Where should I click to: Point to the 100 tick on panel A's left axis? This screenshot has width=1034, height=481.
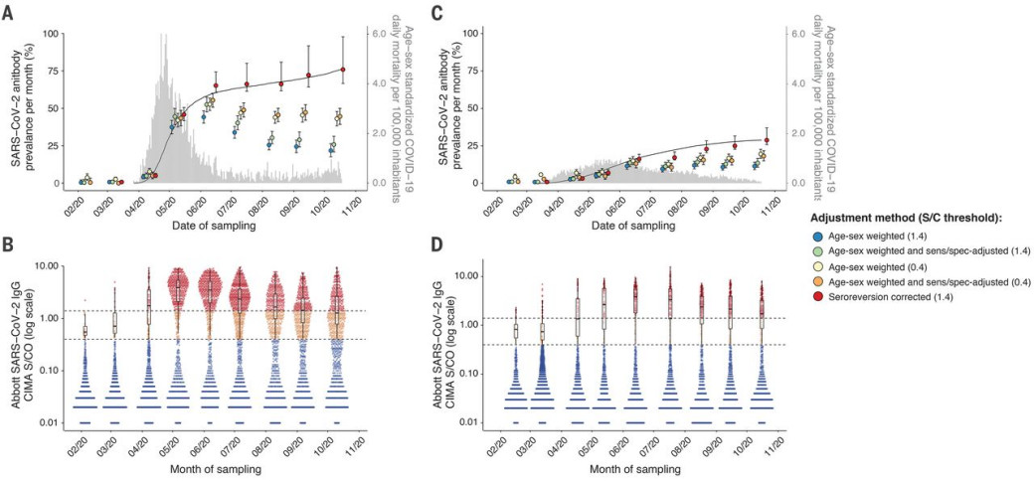49,33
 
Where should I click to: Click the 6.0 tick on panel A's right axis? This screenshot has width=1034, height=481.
379,33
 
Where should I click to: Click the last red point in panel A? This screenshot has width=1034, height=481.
343,70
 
